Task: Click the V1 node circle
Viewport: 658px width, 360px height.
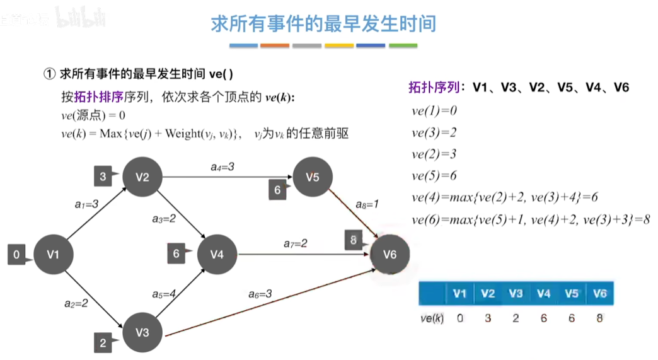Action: click(x=53, y=254)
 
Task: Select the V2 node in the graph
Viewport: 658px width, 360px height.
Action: click(x=142, y=177)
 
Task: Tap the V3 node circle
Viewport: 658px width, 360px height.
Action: click(x=142, y=332)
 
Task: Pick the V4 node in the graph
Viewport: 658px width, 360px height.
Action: click(x=217, y=254)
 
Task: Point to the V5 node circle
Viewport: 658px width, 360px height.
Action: click(x=313, y=177)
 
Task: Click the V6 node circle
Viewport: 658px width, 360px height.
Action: click(x=390, y=254)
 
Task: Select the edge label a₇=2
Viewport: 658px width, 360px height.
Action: click(x=295, y=243)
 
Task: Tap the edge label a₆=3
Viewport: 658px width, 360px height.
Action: click(x=260, y=293)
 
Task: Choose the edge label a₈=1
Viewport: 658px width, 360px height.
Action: click(x=367, y=204)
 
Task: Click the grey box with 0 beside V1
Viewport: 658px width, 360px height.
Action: click(x=16, y=255)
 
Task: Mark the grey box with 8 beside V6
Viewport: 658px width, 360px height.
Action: click(x=354, y=240)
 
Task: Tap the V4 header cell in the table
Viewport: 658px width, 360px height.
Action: click(x=543, y=294)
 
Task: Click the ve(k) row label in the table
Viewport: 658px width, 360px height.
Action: click(x=432, y=318)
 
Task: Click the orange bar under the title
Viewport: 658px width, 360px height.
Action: click(x=275, y=45)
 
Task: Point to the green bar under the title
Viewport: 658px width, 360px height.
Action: click(x=403, y=45)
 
